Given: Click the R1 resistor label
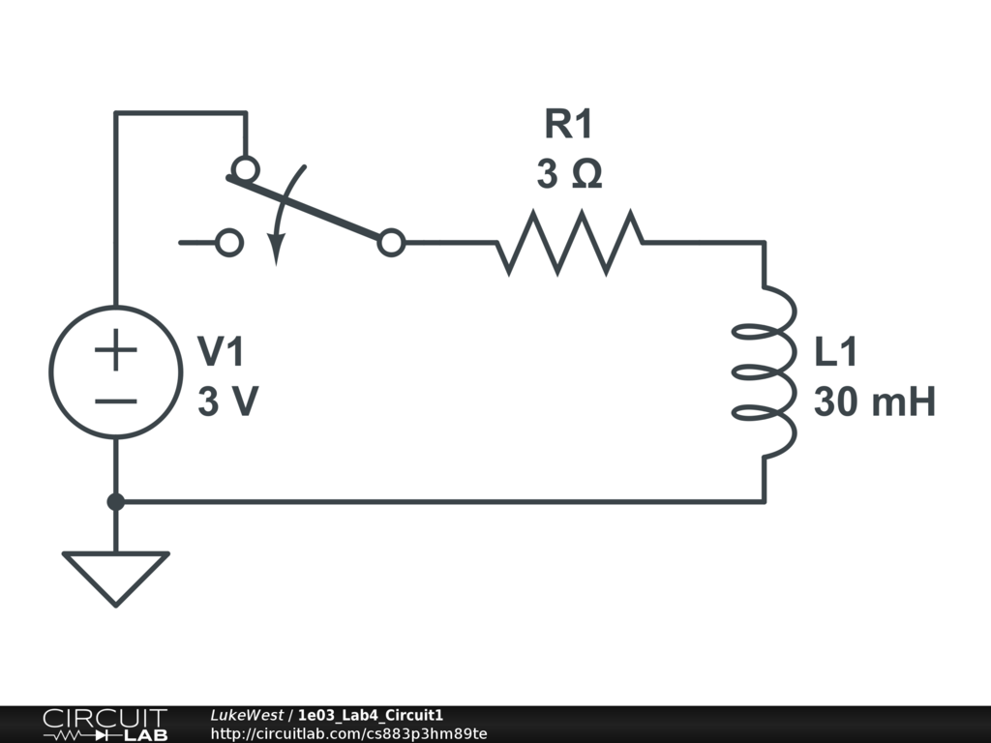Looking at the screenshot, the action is click(568, 126).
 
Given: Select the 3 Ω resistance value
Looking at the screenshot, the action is click(569, 175).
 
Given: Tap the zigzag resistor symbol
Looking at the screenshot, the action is click(569, 243).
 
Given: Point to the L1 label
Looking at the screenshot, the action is click(835, 353).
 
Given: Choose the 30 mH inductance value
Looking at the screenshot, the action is click(874, 402).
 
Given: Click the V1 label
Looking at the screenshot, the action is click(222, 353).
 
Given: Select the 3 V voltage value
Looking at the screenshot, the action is click(227, 402).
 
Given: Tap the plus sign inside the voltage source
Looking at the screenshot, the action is click(115, 350).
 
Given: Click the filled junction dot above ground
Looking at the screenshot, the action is click(115, 502).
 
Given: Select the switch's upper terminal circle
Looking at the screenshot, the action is click(246, 170).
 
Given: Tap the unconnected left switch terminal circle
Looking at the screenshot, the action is click(229, 243).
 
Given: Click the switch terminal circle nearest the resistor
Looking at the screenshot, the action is click(391, 243).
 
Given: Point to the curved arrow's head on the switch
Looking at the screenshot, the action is click(276, 253).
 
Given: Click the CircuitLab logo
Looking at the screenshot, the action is click(104, 725).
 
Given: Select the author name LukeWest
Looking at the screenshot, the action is click(246, 715).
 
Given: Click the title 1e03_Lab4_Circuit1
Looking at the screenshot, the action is click(371, 715).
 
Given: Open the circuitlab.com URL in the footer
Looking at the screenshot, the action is click(348, 733).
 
